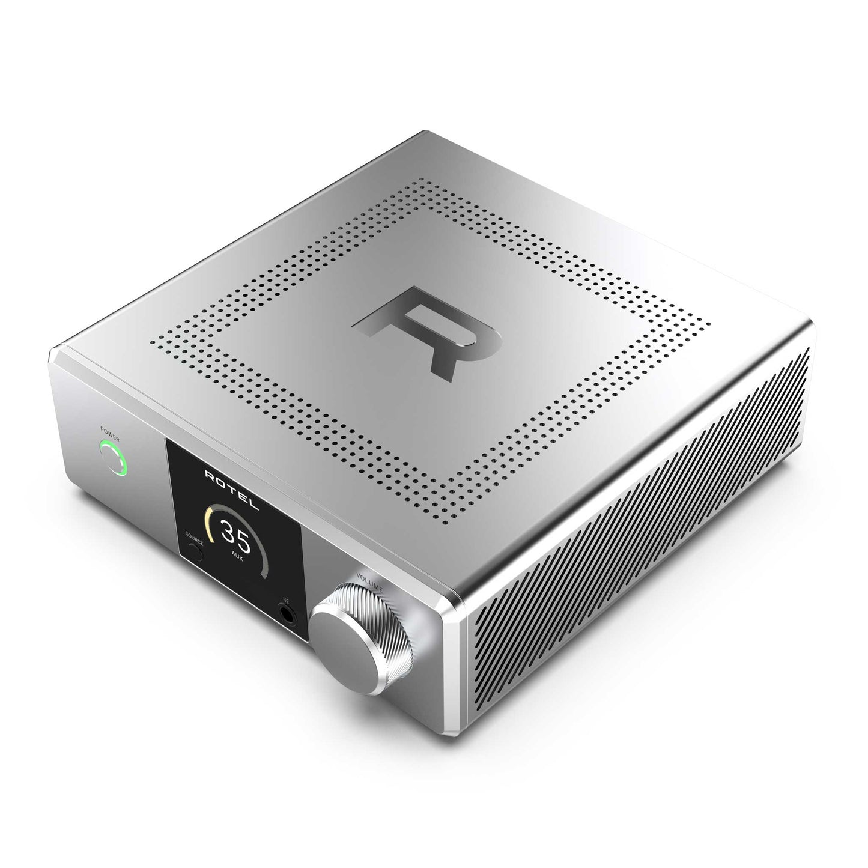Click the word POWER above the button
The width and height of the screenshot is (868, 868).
tap(110, 431)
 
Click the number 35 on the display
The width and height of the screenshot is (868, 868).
tap(234, 532)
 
